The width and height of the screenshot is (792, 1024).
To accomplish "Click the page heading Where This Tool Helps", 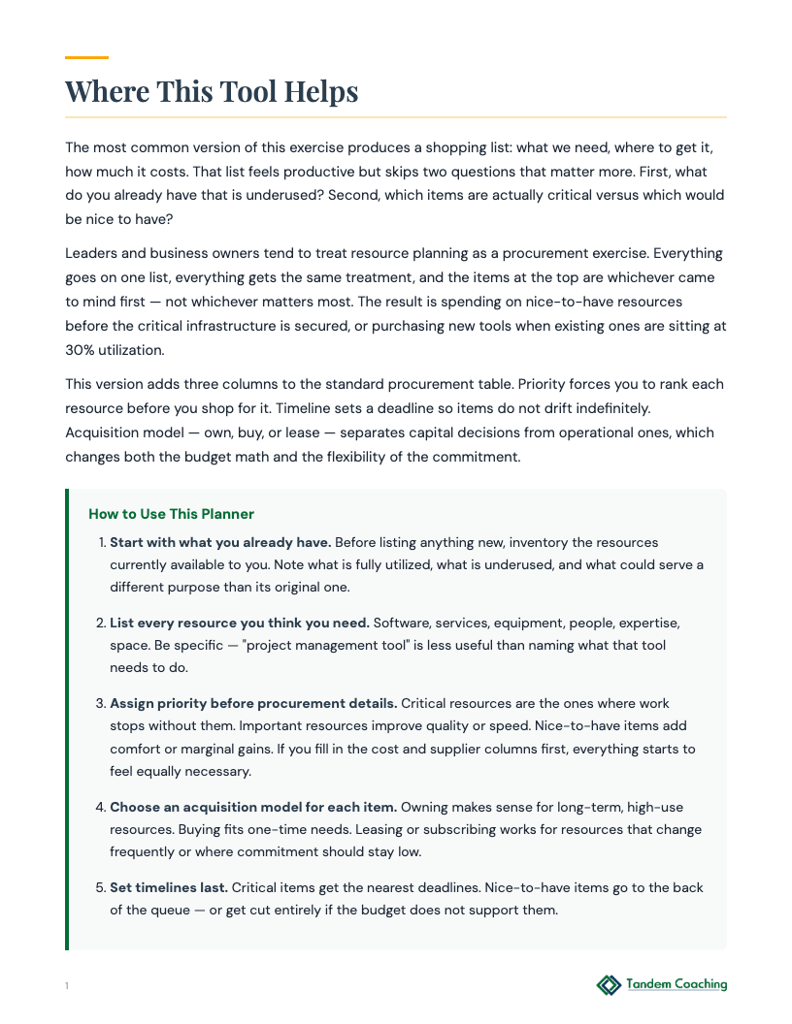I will coord(212,92).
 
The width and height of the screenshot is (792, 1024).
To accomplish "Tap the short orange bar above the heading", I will coord(86,58).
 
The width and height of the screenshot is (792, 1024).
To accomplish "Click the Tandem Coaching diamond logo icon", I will coord(609,985).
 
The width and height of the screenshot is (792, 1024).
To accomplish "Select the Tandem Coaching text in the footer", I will coord(676,984).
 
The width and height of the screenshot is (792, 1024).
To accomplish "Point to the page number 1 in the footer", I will coord(67,986).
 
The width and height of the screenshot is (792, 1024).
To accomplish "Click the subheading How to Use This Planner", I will coord(171,514).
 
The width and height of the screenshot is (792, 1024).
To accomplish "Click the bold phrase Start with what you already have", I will coord(220,542).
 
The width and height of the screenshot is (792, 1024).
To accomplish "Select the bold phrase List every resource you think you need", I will coord(239,623).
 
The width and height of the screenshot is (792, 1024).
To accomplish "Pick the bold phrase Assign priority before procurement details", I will coord(252,703).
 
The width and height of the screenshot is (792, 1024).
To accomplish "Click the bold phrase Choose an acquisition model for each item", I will coord(252,807).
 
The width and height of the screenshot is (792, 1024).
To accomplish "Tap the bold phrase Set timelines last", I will coord(168,887).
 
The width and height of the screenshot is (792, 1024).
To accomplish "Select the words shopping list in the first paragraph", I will coord(468,147).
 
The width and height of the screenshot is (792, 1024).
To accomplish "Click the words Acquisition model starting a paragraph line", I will coord(121,432).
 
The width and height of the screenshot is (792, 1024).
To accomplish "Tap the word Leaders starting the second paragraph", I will coord(92,253).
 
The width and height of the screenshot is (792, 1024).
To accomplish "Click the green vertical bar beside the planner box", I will coord(67,719).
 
